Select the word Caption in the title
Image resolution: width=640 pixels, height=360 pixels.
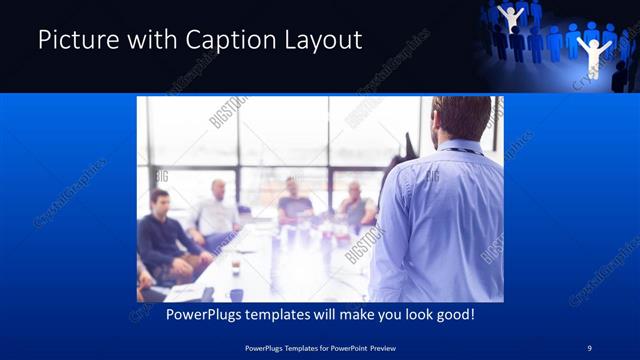click(x=225, y=40)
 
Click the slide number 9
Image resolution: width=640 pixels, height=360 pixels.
click(x=589, y=348)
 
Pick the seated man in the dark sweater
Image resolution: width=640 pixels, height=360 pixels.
click(x=164, y=235)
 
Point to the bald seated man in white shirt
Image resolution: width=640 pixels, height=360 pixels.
click(x=216, y=211)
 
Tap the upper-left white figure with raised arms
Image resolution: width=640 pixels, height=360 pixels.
click(x=512, y=18)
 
